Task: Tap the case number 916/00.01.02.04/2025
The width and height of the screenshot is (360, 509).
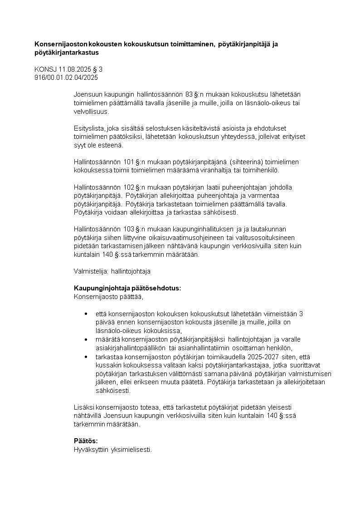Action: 66,78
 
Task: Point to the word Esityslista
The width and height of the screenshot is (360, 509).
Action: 88,128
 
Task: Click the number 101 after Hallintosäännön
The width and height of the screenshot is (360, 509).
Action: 130,162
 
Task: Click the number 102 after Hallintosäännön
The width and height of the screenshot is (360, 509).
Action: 130,187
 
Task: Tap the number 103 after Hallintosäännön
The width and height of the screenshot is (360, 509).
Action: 130,229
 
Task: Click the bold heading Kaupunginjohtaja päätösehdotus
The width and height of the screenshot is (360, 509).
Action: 127,289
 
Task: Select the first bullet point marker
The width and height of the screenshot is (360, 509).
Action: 86,314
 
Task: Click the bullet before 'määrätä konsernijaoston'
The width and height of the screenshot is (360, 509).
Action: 86,339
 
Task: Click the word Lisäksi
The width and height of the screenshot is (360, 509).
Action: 84,407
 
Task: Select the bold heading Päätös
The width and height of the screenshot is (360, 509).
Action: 86,441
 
